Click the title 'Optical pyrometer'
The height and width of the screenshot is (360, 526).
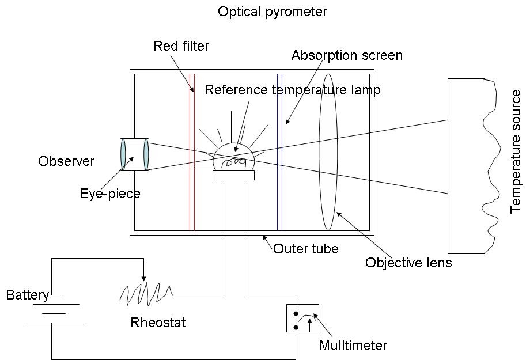272,12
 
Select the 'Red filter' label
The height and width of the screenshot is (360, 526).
181,46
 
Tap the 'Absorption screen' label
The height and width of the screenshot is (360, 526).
346,55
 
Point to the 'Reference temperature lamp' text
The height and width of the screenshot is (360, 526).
292,90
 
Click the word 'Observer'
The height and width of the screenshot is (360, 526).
66,161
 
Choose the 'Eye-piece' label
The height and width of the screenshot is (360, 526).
109,194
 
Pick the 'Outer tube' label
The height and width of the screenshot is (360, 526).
305,249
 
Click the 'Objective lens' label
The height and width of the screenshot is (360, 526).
408,263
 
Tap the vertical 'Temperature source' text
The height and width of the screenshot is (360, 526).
516,151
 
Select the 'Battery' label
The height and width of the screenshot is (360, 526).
27,295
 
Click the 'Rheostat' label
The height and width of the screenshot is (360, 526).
158,323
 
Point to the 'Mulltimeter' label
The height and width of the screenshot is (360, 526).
353,346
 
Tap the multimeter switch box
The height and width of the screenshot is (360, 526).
302,318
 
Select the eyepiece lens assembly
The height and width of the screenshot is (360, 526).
134,154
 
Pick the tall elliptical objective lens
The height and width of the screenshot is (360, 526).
328,151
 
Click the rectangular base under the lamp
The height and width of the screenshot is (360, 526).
233,176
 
